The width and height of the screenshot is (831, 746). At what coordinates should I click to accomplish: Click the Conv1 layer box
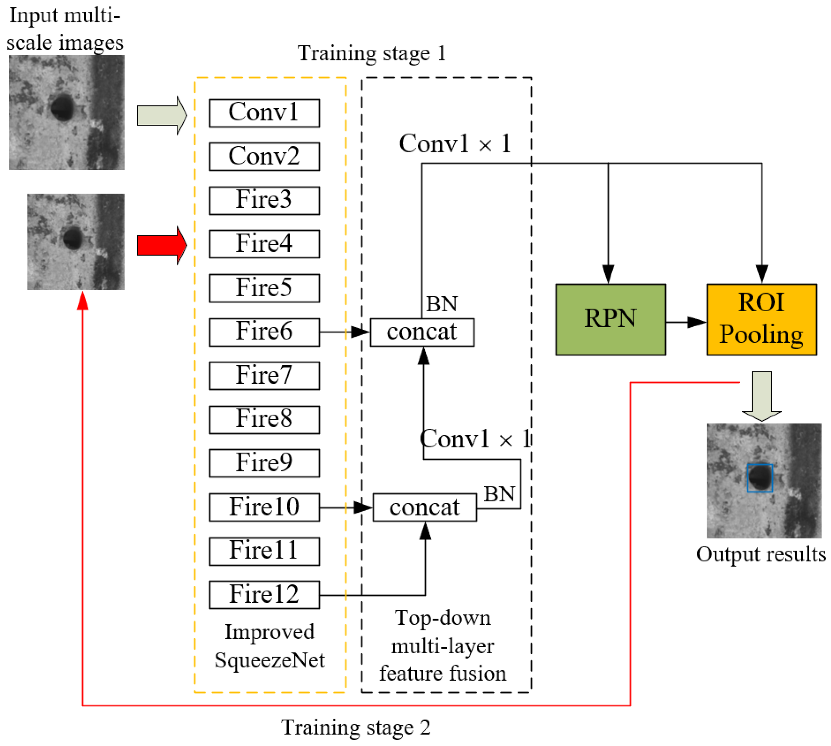[264, 113]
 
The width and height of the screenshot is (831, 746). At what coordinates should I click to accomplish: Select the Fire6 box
[264, 332]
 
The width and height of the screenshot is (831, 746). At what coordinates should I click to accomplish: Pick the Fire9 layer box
[264, 463]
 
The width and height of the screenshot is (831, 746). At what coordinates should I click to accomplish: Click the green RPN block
[610, 320]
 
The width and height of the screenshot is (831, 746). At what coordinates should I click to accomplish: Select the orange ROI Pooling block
[761, 320]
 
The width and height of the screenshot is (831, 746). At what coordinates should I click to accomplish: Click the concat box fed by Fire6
[422, 332]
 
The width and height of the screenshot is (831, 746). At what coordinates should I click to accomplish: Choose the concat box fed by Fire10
[425, 507]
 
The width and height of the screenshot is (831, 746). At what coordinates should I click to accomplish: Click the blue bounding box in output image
[760, 478]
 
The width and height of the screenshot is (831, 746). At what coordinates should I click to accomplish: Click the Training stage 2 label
[355, 728]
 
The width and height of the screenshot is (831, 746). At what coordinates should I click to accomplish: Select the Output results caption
[761, 554]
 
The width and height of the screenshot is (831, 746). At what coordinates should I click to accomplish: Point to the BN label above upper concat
[442, 304]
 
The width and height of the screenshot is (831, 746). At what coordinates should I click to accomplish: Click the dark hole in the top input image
[63, 107]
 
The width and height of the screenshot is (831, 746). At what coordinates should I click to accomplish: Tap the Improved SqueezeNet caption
[270, 646]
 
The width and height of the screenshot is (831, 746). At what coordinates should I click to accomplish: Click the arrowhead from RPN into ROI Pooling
[697, 322]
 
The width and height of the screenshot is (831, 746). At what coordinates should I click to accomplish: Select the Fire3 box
[264, 201]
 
